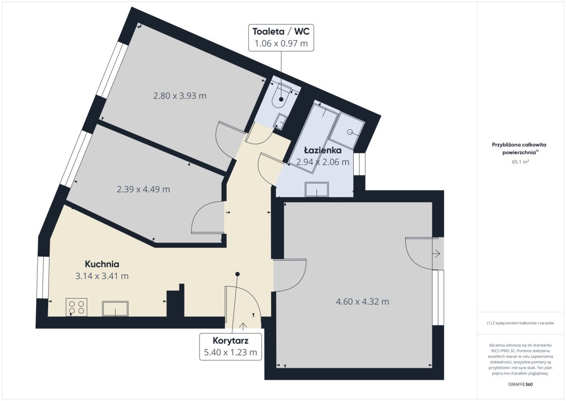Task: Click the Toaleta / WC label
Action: click(281, 31)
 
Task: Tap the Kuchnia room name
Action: click(102, 264)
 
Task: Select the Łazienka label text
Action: click(323, 150)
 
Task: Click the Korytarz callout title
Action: click(231, 341)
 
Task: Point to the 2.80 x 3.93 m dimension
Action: click(180, 96)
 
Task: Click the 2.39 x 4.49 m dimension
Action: click(143, 189)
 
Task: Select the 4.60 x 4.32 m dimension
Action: click(362, 301)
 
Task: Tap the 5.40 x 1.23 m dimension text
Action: click(231, 352)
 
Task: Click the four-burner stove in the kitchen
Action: click(76, 307)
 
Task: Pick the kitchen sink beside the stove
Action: click(115, 308)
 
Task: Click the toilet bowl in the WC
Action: click(281, 96)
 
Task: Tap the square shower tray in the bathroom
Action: click(347, 130)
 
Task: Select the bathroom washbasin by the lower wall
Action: click(316, 189)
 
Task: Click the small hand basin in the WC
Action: click(280, 122)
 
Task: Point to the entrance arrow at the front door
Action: click(243, 327)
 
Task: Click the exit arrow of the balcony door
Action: click(437, 254)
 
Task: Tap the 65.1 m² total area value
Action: click(521, 162)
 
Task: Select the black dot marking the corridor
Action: click(237, 274)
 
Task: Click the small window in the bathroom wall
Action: click(359, 164)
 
